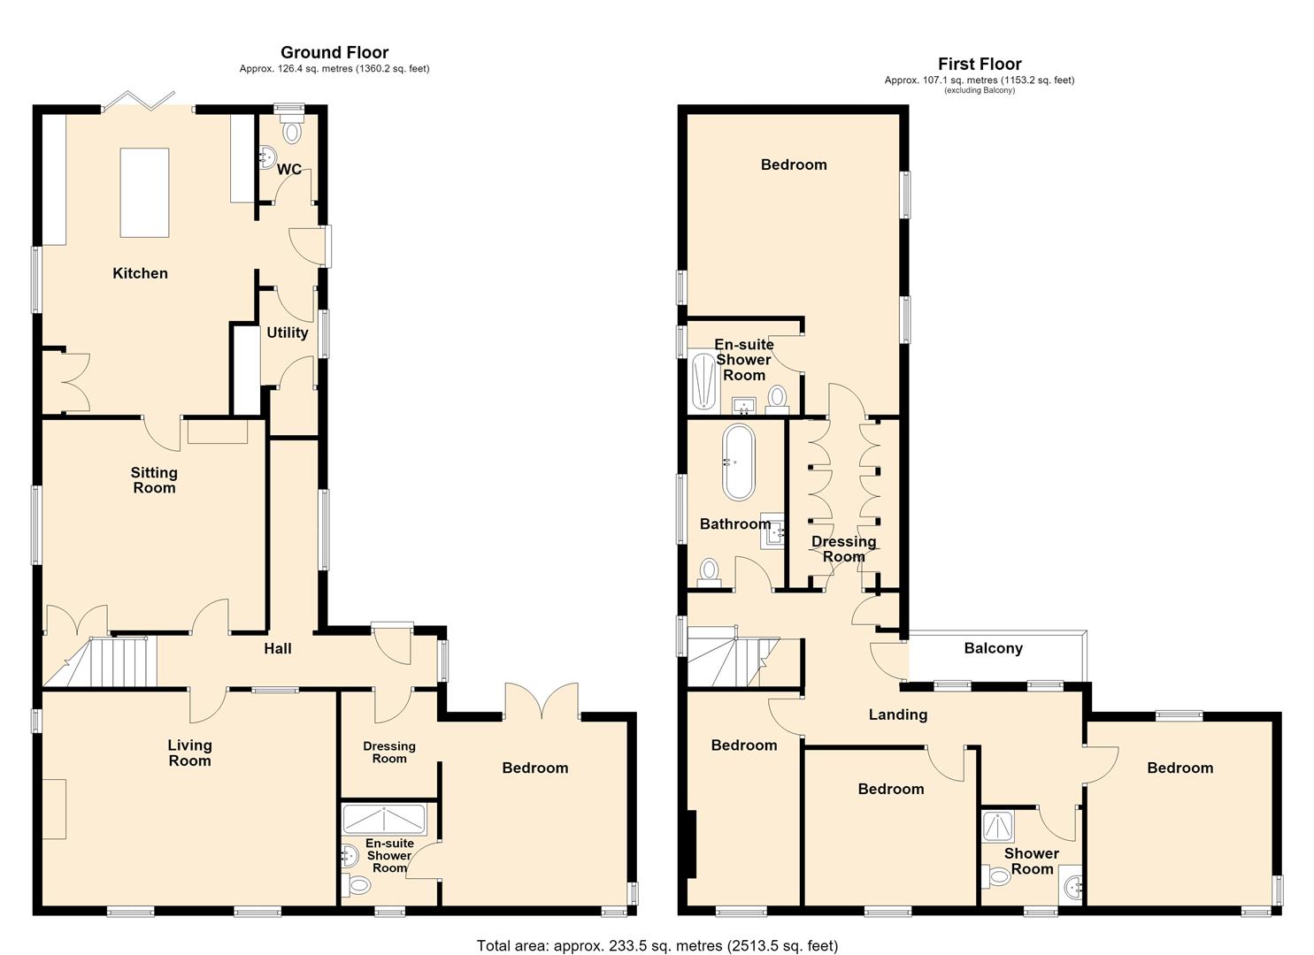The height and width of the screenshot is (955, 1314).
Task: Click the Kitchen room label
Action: point(140,273)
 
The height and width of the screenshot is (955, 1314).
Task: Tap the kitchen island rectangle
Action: point(145,192)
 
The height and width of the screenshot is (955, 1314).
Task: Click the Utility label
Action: point(288,332)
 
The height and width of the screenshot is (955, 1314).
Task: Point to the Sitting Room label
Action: point(154,480)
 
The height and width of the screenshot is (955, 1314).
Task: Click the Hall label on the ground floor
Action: point(278,648)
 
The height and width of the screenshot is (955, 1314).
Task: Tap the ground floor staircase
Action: point(100,662)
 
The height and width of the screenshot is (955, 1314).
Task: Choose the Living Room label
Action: point(189,753)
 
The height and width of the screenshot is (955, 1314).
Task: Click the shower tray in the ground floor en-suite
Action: point(384,819)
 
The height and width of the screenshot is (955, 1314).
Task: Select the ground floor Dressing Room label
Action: point(389,753)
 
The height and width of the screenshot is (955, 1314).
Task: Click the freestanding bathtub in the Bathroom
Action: point(739,462)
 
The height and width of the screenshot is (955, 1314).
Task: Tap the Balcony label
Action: point(993,648)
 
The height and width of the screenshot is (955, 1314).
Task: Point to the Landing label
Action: point(897,714)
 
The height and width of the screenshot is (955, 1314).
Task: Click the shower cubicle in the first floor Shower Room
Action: point(998,827)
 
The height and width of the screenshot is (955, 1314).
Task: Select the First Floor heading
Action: point(980,64)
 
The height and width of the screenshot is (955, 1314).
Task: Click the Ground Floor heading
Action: point(334,52)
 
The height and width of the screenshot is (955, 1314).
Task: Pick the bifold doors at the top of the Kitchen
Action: point(138,101)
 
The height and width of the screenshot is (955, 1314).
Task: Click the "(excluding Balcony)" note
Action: point(980,90)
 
